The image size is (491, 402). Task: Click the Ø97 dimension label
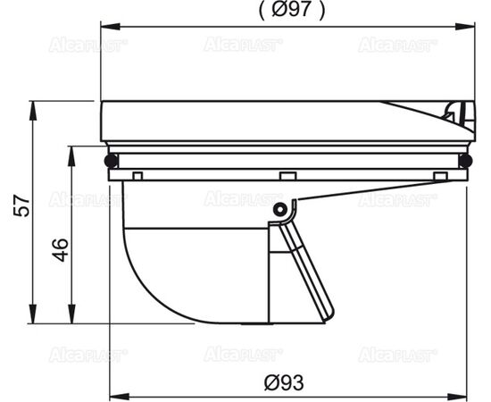(x=292, y=10)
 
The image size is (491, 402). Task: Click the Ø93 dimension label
(x=284, y=382)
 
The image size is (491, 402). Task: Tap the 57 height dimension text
(x=22, y=205)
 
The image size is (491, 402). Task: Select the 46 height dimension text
(x=60, y=250)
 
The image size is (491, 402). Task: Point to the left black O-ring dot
(x=111, y=161)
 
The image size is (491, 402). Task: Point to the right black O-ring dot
(x=465, y=161)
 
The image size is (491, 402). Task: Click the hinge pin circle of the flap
(x=279, y=209)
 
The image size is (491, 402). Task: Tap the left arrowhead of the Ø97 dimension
(x=110, y=26)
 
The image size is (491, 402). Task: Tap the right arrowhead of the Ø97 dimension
(x=465, y=26)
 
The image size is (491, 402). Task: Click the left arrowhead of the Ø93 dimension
(x=119, y=397)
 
